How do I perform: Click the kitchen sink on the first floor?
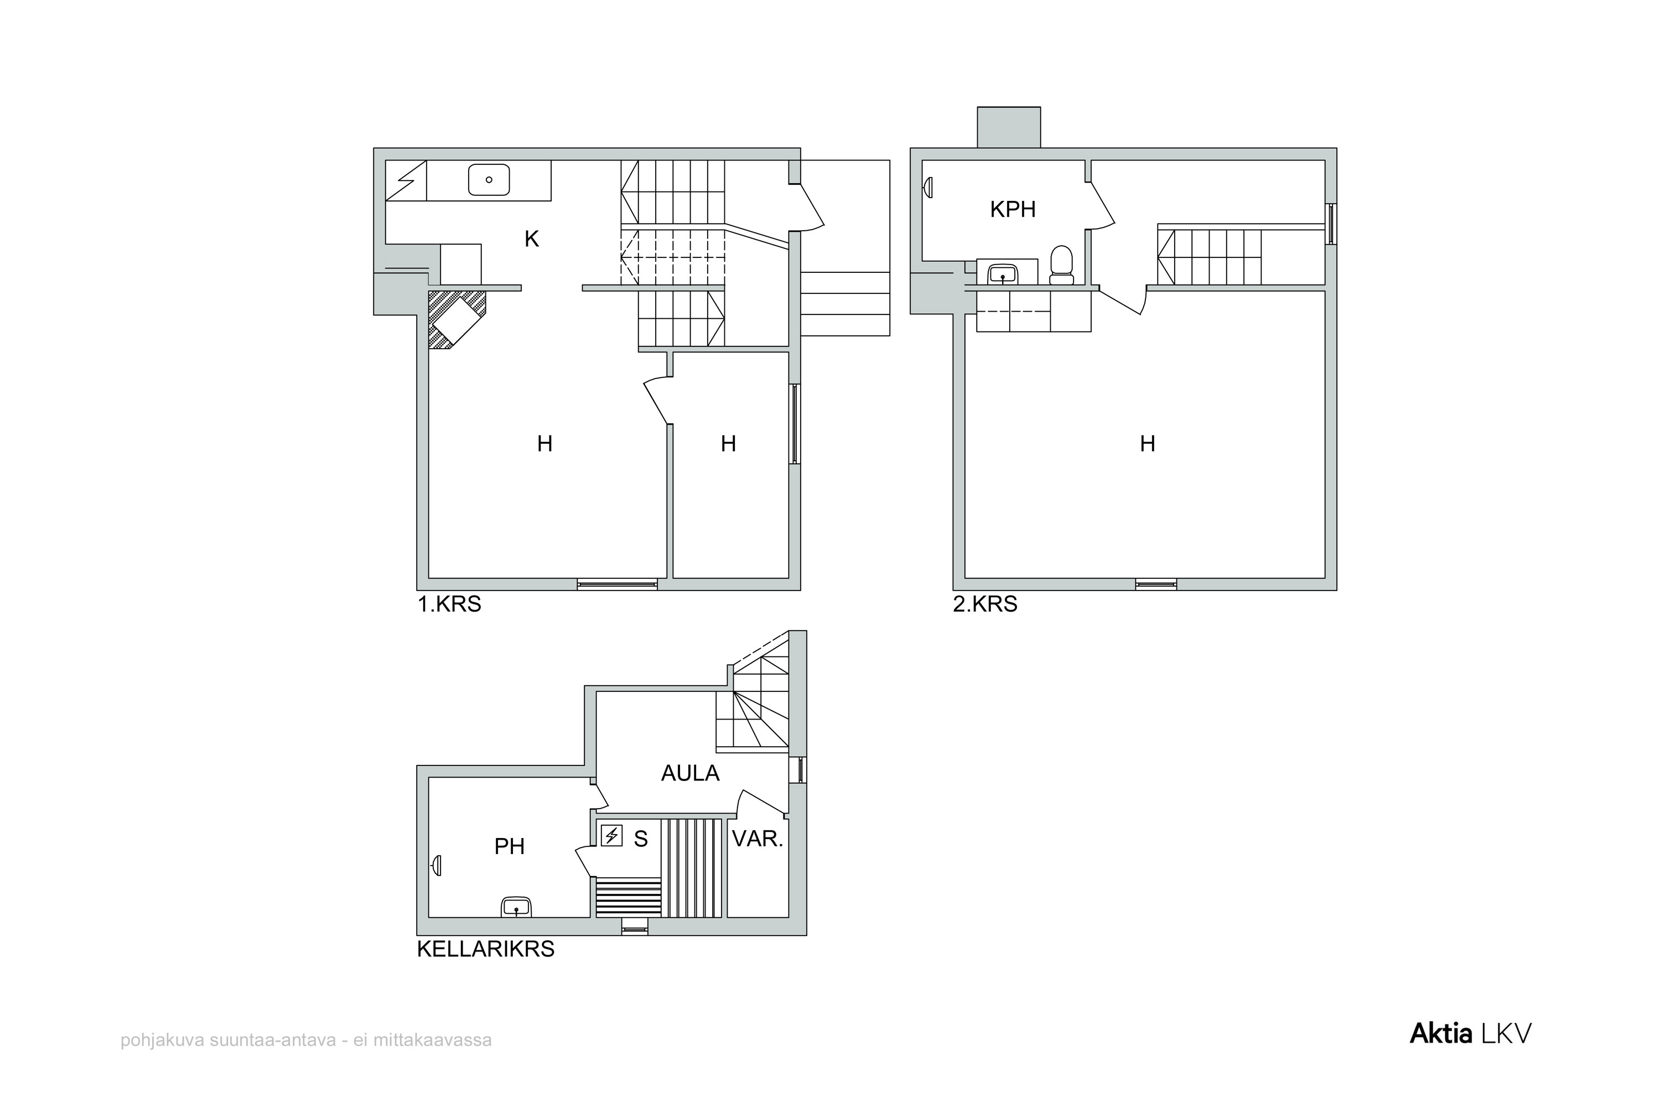(x=489, y=180)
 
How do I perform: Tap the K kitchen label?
(x=531, y=239)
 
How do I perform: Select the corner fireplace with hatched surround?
(x=456, y=319)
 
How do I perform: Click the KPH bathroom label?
(x=1013, y=209)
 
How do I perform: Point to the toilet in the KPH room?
(x=1061, y=264)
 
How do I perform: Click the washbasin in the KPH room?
(x=1002, y=272)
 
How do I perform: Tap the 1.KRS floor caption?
(x=449, y=604)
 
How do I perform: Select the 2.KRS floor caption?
(x=985, y=604)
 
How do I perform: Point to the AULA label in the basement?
(x=689, y=773)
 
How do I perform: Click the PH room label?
(x=509, y=846)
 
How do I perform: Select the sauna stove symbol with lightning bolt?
(x=611, y=836)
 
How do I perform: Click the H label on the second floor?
(x=1148, y=443)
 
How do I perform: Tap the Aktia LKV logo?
(x=1470, y=1034)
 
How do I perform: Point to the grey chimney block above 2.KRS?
(x=1009, y=127)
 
